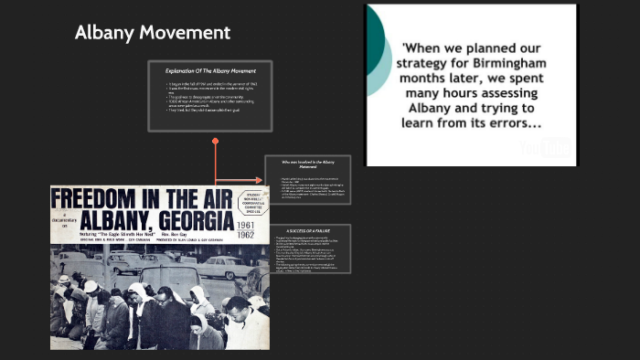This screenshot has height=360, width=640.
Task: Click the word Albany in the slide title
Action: point(103,34)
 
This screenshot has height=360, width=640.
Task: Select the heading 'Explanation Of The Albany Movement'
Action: point(210,71)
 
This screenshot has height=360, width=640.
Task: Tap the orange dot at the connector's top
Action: point(216,141)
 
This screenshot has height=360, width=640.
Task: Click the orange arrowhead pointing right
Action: point(259,179)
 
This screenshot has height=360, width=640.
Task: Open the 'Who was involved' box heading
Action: point(307,164)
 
